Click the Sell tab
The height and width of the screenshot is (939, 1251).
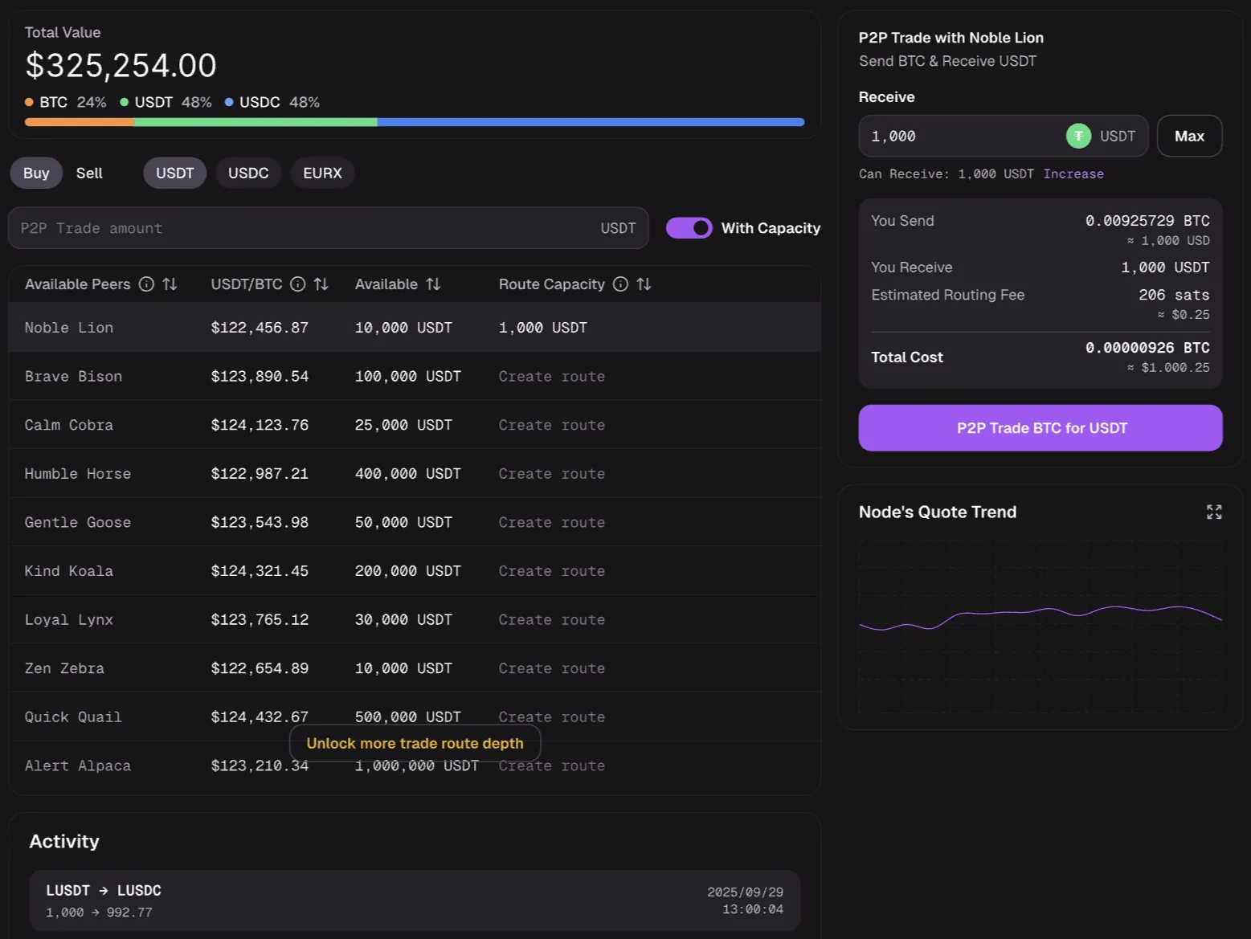pyautogui.click(x=89, y=174)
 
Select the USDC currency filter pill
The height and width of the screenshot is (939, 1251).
pyautogui.click(x=248, y=174)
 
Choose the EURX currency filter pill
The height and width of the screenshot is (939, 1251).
pyautogui.click(x=322, y=174)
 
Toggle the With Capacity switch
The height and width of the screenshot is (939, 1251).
pyautogui.click(x=689, y=228)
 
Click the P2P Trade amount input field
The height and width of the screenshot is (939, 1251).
pyautogui.click(x=305, y=228)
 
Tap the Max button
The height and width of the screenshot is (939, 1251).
pyautogui.click(x=1189, y=137)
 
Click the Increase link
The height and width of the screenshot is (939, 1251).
pyautogui.click(x=1073, y=174)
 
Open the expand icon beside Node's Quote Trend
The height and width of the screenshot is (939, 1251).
pyautogui.click(x=1214, y=512)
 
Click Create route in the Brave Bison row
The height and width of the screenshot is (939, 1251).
pyautogui.click(x=551, y=377)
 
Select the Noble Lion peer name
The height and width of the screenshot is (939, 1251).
pyautogui.click(x=69, y=328)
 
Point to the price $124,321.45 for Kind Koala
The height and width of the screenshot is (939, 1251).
pyautogui.click(x=260, y=571)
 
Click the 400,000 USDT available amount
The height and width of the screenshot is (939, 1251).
pyautogui.click(x=408, y=474)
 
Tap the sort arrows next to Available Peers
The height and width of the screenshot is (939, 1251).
pyautogui.click(x=170, y=284)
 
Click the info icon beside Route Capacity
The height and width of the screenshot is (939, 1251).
pyautogui.click(x=620, y=284)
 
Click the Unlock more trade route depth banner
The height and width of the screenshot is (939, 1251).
pyautogui.click(x=415, y=744)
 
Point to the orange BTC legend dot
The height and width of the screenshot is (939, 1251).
pyautogui.click(x=29, y=102)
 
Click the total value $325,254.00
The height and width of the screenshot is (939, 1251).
pyautogui.click(x=121, y=66)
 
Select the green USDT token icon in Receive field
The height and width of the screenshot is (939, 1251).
pyautogui.click(x=1078, y=137)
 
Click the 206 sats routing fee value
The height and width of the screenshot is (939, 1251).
pyautogui.click(x=1173, y=295)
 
